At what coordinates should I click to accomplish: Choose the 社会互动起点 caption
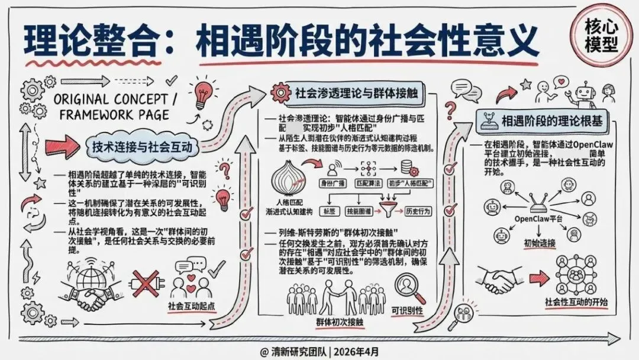[x=189, y=307]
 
